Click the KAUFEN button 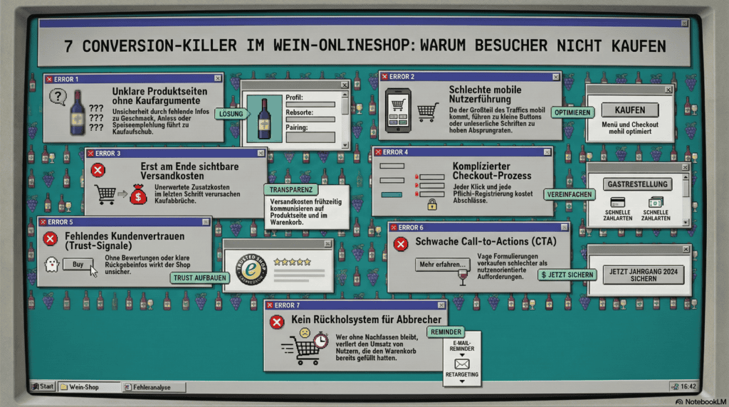[630, 110]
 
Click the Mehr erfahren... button [442, 265]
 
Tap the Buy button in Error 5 [78, 264]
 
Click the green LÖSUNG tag [231, 114]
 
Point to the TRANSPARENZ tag [291, 190]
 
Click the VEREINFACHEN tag [569, 194]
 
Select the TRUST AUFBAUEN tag [199, 278]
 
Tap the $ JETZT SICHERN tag [567, 274]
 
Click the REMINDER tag [446, 332]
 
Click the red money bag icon [138, 194]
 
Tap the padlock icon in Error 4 [431, 204]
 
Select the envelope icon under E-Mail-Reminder [462, 364]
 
